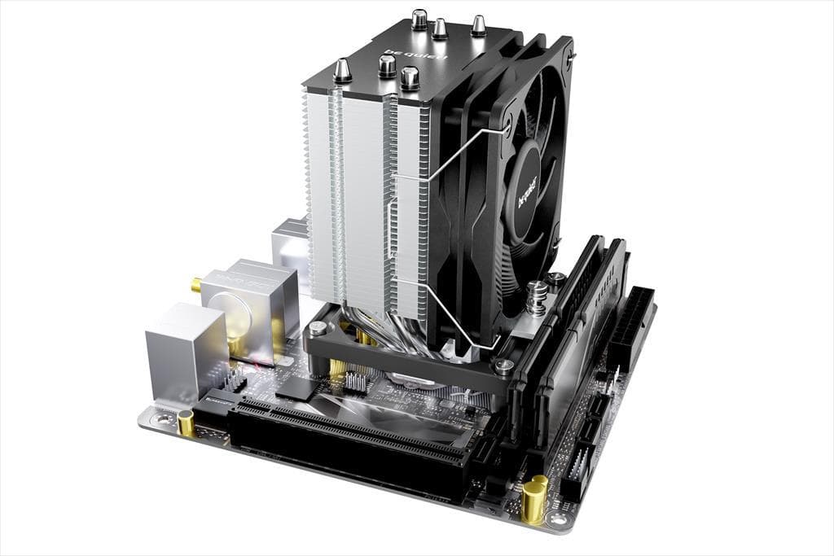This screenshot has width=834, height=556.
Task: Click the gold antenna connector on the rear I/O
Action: coord(196,285)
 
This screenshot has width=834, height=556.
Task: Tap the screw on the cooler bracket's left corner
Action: coord(318,329)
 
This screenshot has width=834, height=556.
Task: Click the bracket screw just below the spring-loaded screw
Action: coord(504,367)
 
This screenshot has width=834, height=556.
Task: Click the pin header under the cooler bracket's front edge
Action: coord(355,380)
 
